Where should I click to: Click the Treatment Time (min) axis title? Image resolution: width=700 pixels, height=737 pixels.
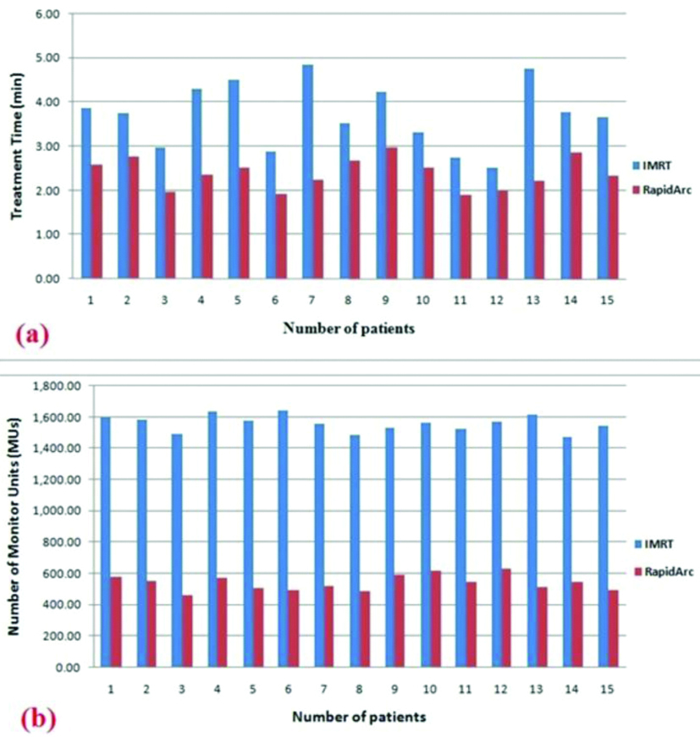16,149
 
